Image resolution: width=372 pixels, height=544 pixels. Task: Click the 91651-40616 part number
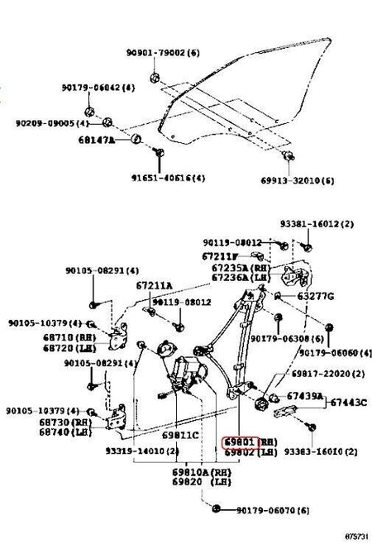[x=166, y=177]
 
